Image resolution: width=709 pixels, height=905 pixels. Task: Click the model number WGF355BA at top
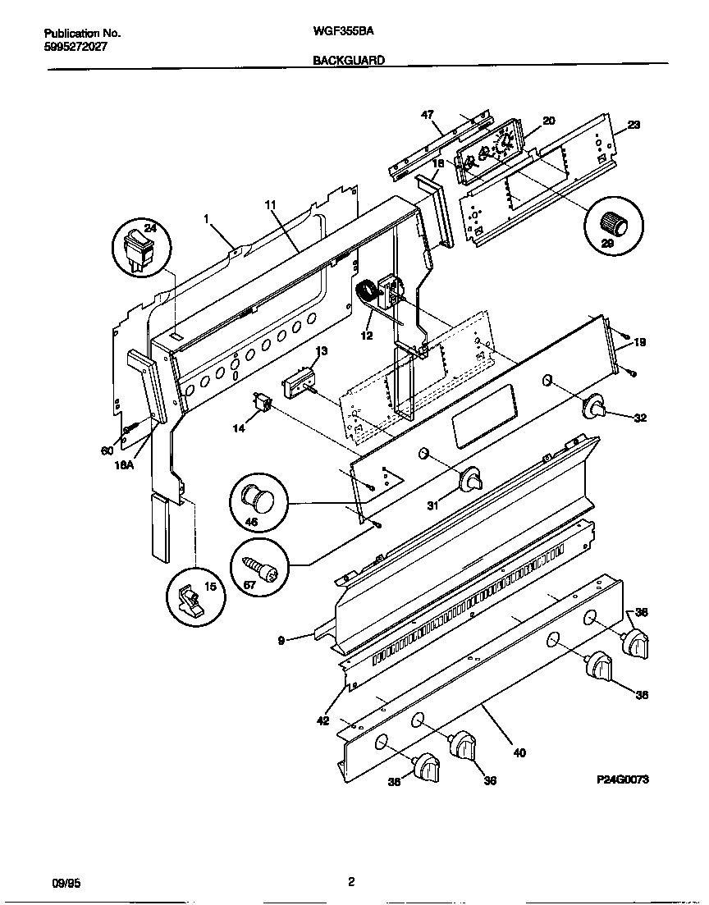click(340, 33)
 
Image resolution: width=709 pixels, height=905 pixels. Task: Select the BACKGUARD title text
click(348, 60)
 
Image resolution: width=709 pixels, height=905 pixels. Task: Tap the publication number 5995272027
click(75, 46)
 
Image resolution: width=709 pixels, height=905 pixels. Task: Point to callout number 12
click(366, 336)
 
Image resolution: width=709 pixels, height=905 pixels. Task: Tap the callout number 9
click(281, 641)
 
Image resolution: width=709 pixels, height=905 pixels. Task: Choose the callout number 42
click(322, 720)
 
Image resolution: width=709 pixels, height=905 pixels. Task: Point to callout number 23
click(634, 125)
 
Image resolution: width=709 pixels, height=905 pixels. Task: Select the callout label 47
click(427, 115)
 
